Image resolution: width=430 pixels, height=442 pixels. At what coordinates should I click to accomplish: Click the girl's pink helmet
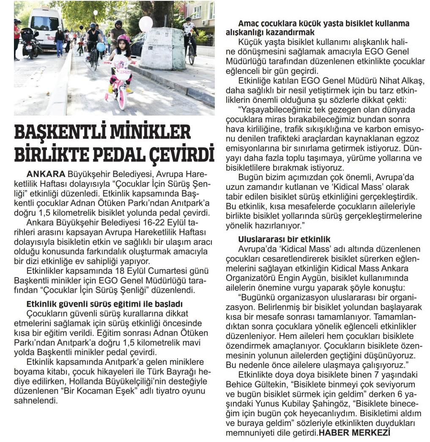[123, 39]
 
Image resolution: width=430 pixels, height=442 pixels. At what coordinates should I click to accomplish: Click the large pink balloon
[146, 24]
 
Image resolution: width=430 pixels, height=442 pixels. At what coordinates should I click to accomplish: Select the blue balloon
[101, 47]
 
